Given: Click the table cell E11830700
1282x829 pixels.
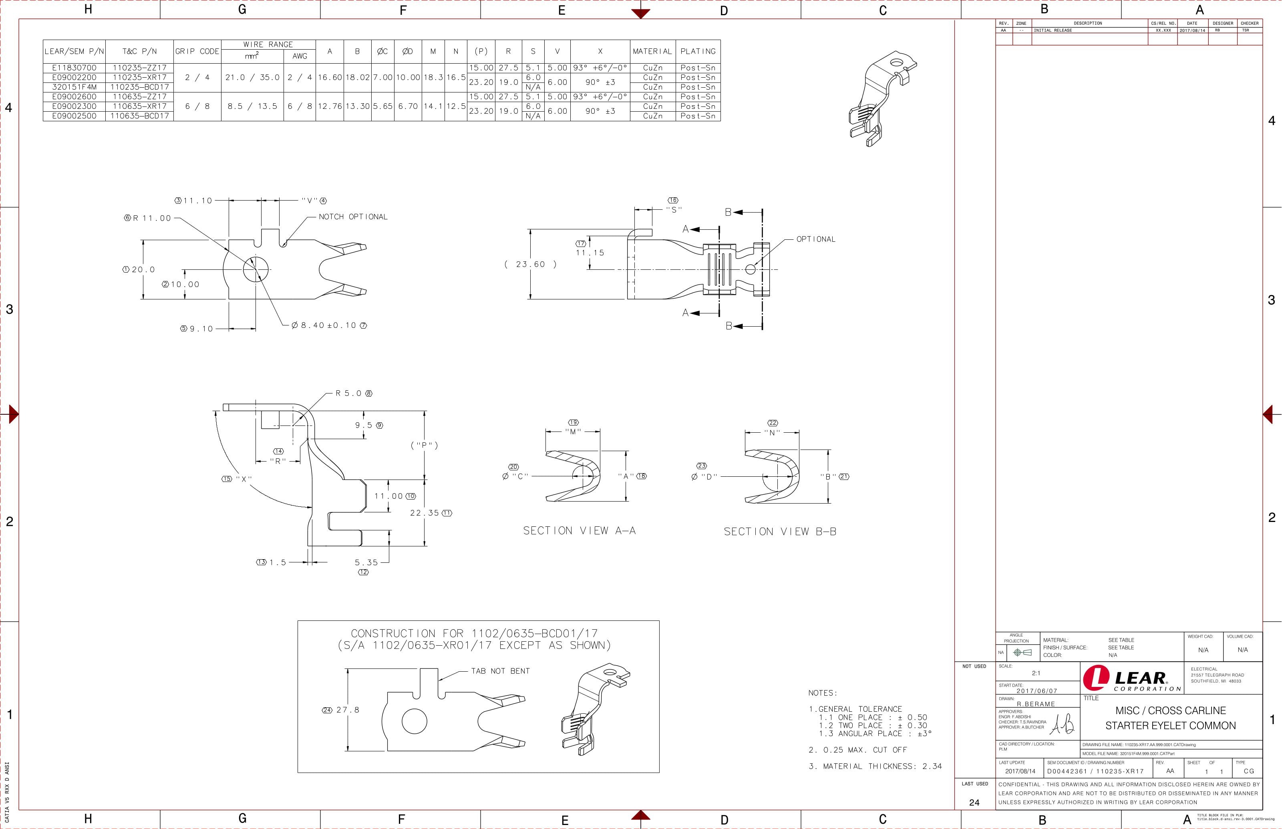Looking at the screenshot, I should coord(74,68).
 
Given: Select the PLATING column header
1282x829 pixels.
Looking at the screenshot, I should coord(698,52).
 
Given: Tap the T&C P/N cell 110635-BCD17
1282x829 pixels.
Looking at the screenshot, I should coord(139,116).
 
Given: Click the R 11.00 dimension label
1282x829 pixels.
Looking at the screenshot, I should coord(152,218).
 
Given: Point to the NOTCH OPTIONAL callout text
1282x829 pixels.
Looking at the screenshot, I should coord(353,217).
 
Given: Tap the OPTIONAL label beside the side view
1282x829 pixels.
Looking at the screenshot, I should coord(816,239).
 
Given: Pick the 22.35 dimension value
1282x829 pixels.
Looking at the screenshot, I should coord(425,513).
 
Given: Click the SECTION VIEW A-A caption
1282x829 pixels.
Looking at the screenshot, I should coord(580,531).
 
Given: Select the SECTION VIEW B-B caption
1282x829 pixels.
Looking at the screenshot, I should coord(780,532).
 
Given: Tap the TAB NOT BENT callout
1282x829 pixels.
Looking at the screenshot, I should coord(500,671).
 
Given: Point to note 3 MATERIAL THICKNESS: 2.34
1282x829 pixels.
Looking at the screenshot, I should coord(875,766).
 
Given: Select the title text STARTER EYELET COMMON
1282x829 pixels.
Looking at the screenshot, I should coord(1171,726).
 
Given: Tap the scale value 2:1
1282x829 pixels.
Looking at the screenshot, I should coord(1035,673).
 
